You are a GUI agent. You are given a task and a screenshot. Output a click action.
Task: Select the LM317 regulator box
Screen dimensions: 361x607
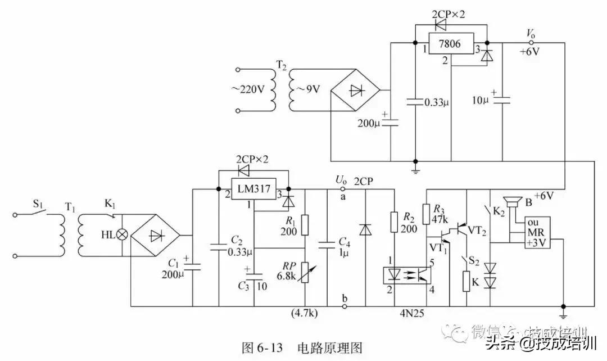point(253,189)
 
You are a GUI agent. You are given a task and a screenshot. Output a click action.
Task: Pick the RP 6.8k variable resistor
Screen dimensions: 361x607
point(304,273)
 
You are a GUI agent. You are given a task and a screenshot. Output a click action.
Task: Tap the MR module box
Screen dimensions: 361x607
point(537,233)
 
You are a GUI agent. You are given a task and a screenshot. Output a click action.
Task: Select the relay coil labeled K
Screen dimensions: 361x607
point(466,281)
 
